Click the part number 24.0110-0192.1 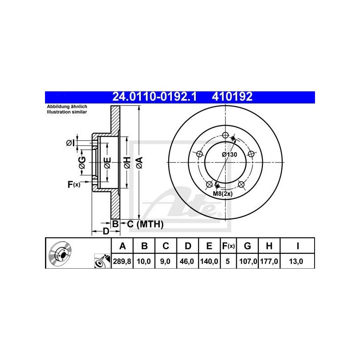click(154, 97)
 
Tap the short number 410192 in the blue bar click(232, 97)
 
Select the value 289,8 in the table click(122, 261)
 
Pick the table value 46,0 click(187, 261)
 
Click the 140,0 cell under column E click(209, 261)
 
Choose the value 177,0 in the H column click(269, 261)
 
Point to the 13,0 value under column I click(296, 261)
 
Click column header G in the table click(247, 246)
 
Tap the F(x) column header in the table click(228, 246)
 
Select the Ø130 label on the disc click(229, 154)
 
